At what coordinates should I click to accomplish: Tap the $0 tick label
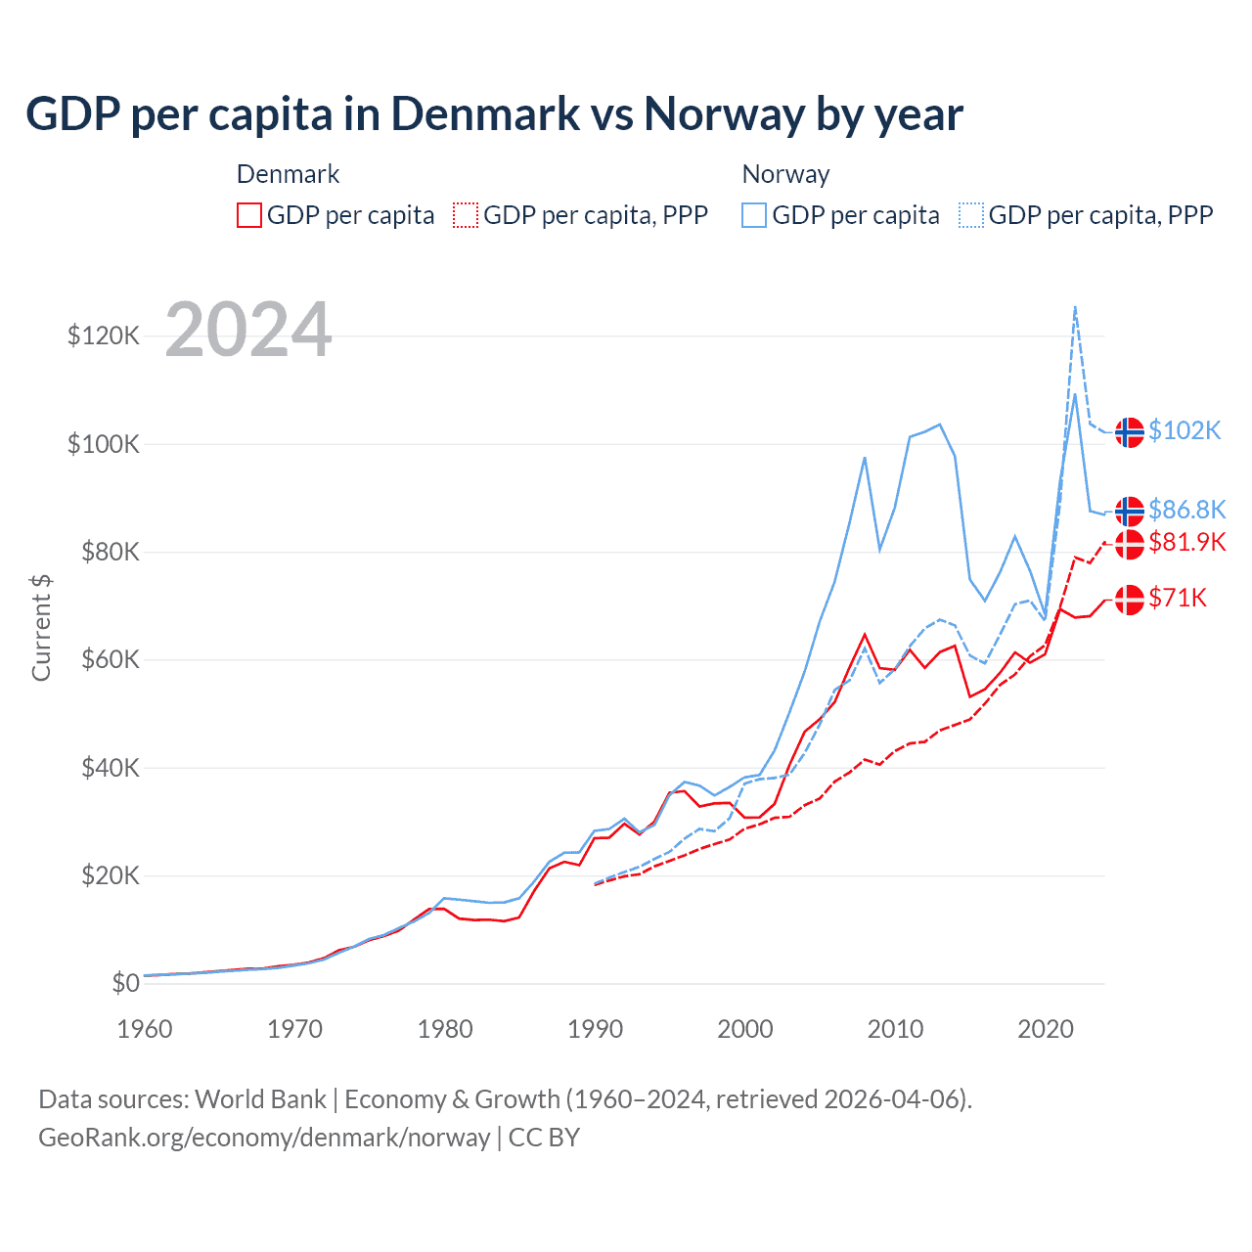coord(125,984)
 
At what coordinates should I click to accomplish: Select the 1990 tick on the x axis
coord(595,1029)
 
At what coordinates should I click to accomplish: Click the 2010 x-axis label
coord(895,1029)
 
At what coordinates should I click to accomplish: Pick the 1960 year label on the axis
coord(145,1029)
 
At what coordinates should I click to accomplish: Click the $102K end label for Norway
coord(1185,431)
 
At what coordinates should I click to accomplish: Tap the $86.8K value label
coord(1186,510)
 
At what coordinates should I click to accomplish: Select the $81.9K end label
coord(1186,542)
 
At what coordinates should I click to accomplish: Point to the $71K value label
coord(1178,599)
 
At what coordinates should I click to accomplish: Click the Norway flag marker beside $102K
coord(1130,431)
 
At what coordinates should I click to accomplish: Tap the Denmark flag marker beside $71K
coord(1130,599)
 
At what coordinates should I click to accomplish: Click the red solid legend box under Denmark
coord(249,215)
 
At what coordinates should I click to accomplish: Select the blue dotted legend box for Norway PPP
coord(971,215)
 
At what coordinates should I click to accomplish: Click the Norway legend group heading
coord(785,174)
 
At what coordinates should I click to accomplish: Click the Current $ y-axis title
coord(41,628)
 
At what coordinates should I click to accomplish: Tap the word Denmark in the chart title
coord(485,114)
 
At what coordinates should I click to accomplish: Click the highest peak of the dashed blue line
coord(1075,307)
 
